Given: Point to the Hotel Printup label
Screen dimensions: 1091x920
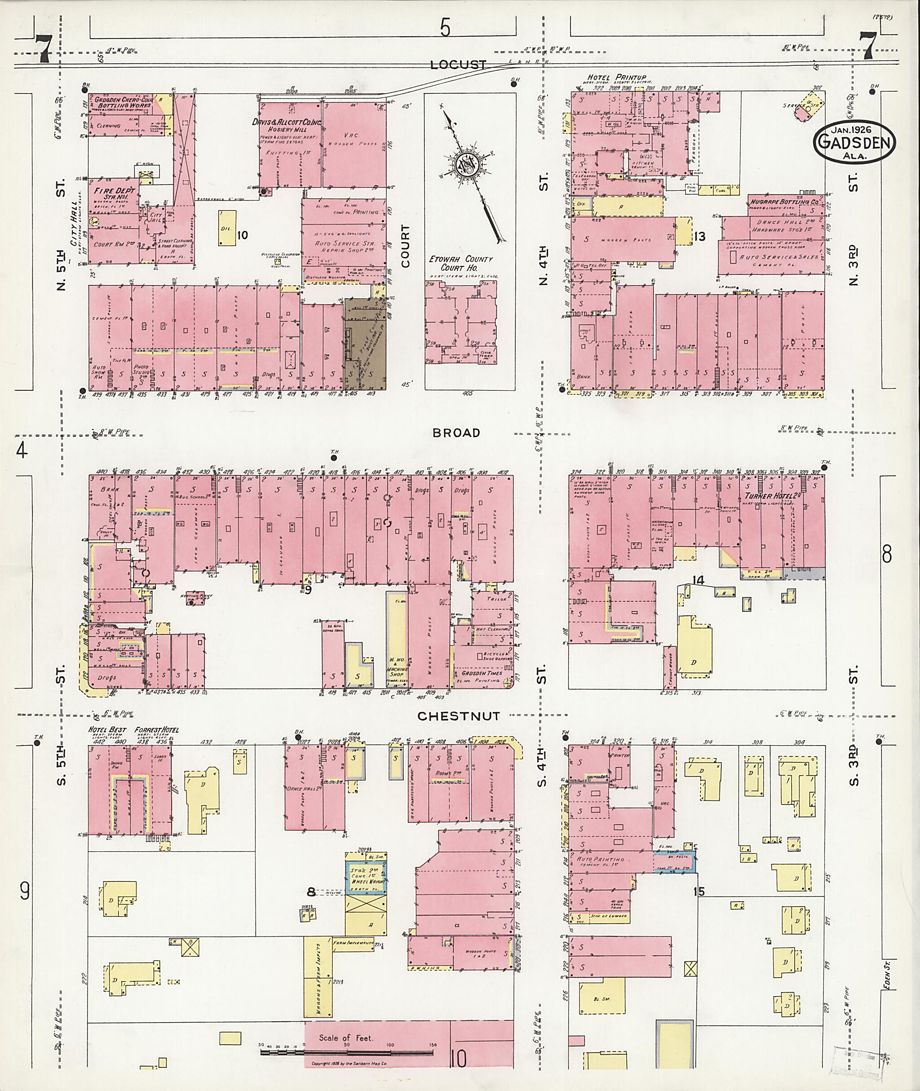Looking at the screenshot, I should click(616, 78).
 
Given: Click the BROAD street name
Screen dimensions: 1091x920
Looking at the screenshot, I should click(456, 433).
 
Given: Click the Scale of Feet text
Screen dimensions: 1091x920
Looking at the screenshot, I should click(346, 1038).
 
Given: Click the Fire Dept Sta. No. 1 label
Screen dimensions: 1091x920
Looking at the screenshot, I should click(114, 194).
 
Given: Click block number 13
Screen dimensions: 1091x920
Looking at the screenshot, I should click(699, 237).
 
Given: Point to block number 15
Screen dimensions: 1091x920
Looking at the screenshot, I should click(699, 891).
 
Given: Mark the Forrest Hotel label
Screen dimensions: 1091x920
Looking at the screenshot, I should click(156, 729).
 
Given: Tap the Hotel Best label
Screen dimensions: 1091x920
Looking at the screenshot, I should click(108, 729).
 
